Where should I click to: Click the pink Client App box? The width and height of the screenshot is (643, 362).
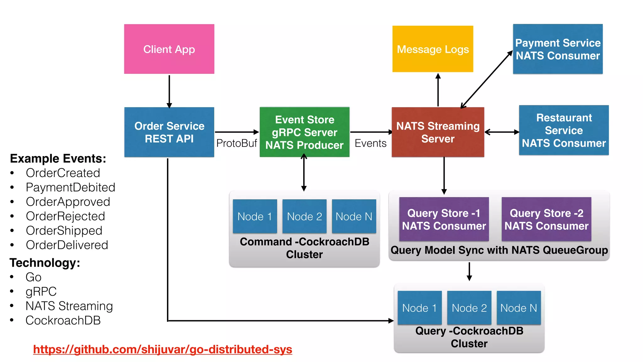(169, 49)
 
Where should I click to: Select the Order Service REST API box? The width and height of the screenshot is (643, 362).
(169, 132)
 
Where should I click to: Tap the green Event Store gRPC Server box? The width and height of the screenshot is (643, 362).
(304, 132)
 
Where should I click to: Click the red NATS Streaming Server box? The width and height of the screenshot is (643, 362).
(438, 132)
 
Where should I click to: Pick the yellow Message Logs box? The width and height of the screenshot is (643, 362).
(433, 49)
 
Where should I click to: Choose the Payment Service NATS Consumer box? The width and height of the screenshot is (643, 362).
(558, 49)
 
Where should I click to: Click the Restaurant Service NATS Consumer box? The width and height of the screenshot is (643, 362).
(564, 130)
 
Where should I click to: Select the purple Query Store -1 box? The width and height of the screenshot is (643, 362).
(444, 219)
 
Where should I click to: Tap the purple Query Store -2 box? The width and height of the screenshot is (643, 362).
(546, 219)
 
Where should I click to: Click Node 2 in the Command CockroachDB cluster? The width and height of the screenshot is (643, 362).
(304, 216)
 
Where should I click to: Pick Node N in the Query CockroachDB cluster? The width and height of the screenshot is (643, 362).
(518, 308)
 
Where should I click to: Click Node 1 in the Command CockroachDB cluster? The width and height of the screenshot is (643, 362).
(255, 216)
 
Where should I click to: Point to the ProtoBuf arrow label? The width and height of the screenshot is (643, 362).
(236, 143)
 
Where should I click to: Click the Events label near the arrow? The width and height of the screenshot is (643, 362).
(370, 143)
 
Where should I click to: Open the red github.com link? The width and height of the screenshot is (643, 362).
(162, 349)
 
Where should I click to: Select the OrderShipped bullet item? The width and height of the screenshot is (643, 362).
(64, 231)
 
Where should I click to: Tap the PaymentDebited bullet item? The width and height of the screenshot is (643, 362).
(70, 187)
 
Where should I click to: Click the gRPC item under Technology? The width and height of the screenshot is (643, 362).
(41, 291)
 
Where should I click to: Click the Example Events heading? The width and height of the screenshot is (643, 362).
(58, 158)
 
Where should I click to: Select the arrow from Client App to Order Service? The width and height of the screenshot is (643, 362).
(169, 91)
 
